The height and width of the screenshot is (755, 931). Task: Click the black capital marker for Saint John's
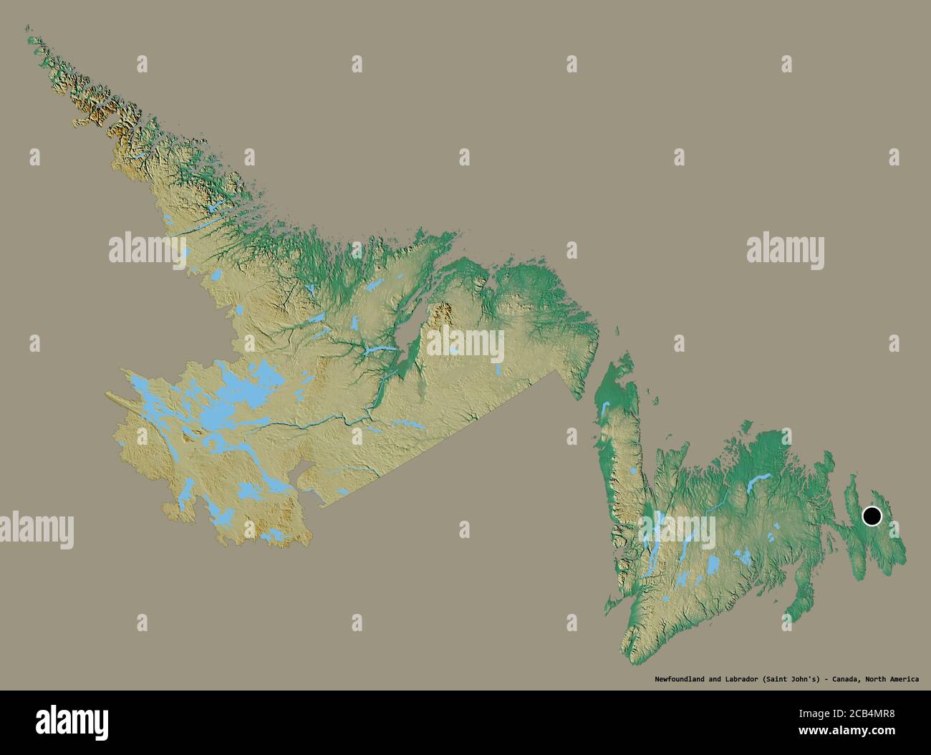872,516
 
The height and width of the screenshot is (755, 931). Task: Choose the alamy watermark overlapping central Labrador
465,345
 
